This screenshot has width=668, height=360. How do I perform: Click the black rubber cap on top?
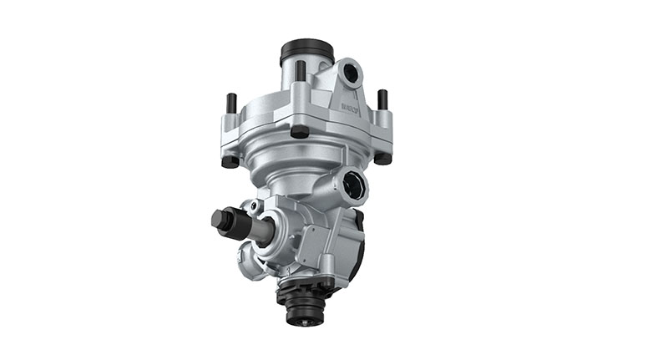coord(306,51)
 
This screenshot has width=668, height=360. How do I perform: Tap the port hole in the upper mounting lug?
coord(351,74)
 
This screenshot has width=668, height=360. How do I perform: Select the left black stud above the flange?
coord(231,103)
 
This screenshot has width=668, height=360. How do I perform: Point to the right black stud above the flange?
coord(382,99)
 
